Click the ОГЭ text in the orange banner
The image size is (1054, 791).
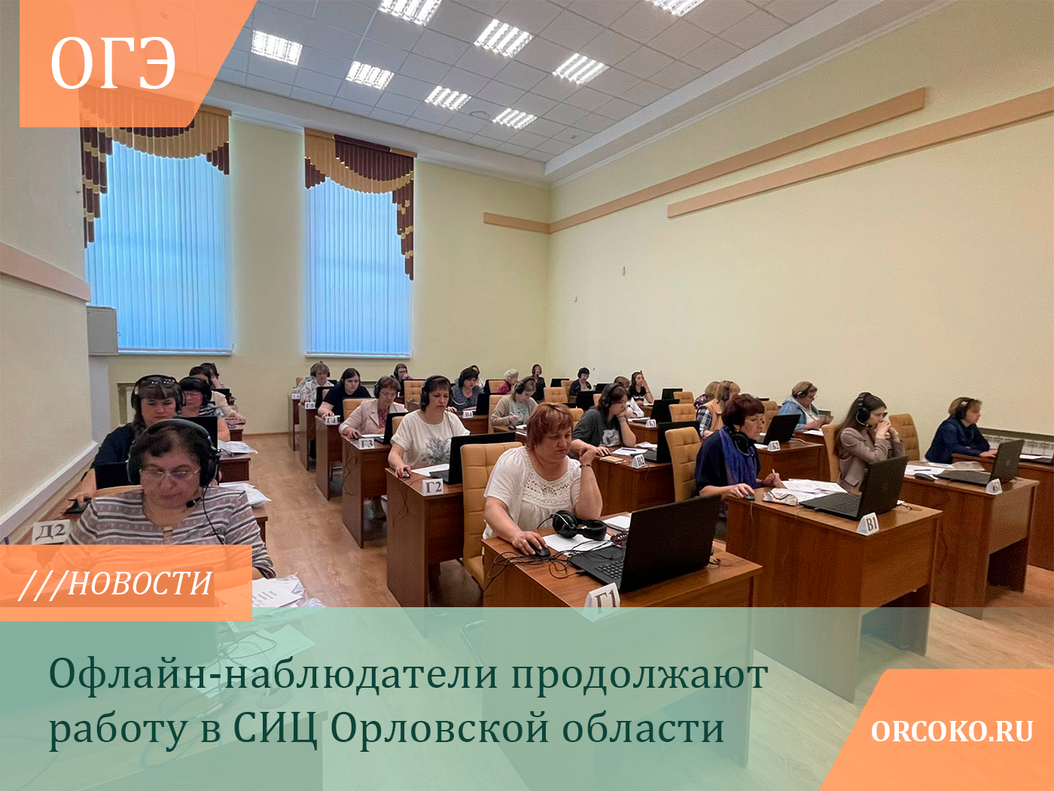pos(113,63)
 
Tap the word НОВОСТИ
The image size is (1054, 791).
pos(140,584)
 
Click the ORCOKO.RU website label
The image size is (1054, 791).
pos(952,731)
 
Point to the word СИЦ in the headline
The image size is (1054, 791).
pos(275,729)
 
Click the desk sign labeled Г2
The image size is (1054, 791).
pos(433,487)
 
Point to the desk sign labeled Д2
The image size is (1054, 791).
pos(50,532)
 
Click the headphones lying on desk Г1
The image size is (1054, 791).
pos(579,525)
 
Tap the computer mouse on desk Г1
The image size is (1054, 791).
pos(539,549)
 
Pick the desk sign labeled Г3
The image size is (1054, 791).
pos(367,443)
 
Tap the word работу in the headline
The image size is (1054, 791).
pos(117,731)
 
